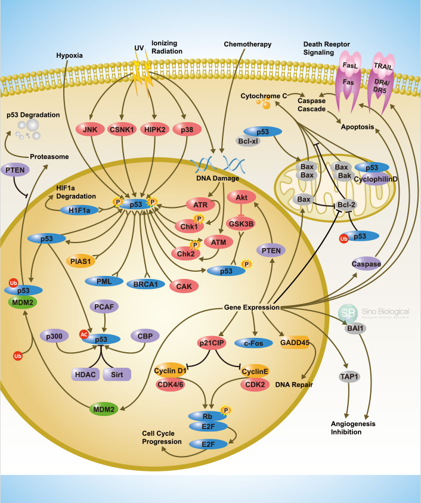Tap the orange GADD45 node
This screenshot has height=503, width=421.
297,343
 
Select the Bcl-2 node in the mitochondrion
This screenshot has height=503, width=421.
345,205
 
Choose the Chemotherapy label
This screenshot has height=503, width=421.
247,44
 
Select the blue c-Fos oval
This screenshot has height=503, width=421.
253,343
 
